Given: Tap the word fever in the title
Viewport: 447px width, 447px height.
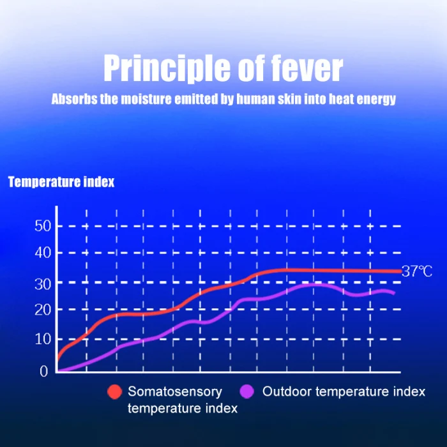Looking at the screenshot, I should [305, 68].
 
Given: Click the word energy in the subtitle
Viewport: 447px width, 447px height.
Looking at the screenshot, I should [378, 100].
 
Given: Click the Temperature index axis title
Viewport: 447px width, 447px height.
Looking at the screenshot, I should [61, 182].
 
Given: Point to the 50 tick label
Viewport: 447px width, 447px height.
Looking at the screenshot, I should [43, 225].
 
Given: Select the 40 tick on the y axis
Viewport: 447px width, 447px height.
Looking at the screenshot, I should [43, 253].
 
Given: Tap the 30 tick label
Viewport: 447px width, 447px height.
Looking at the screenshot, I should [43, 282].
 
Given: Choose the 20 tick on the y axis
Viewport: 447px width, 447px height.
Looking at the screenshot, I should [43, 310].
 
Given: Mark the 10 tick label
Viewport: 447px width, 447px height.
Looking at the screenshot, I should [43, 339].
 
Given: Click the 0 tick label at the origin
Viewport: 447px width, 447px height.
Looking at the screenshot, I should [44, 371].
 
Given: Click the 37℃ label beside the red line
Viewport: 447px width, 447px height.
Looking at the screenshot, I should [417, 272].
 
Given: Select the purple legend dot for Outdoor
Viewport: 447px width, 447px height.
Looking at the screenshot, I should [247, 391].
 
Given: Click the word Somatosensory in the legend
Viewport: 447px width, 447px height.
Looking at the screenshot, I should [175, 391].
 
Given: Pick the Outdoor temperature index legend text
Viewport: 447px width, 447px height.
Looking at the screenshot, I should [344, 391].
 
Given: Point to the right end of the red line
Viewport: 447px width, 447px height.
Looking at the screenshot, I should [400, 271].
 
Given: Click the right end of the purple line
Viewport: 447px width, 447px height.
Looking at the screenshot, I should [393, 293].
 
